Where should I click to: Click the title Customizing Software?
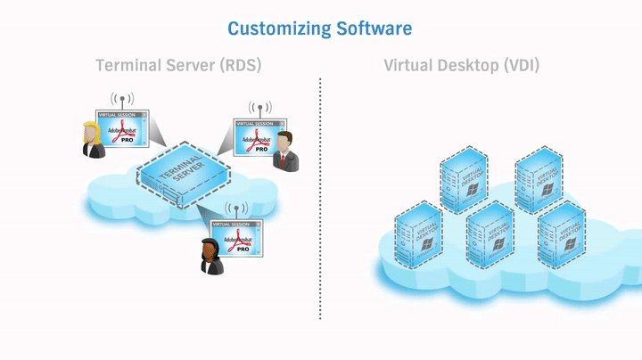point(319,29)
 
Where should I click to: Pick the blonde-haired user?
point(92,140)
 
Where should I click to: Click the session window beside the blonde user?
point(124,128)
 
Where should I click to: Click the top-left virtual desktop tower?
point(464,180)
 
